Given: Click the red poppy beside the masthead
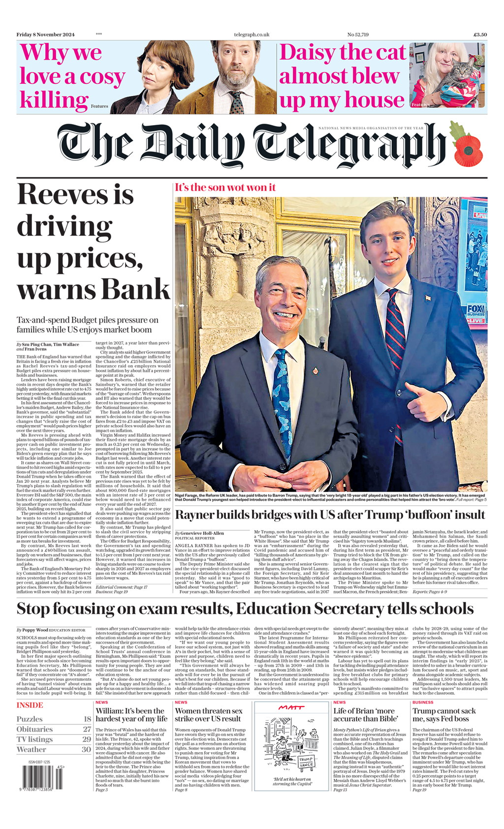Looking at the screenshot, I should pos(468,150).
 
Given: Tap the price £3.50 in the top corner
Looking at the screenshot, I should pos(480,34).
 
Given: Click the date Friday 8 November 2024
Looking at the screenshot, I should pos(46,34).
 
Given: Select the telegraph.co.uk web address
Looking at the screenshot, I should pos(252,34).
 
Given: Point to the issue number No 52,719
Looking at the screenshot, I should pos(358,34).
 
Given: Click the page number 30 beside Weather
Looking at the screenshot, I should pos(86,750).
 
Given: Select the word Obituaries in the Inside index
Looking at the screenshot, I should pos(34,730).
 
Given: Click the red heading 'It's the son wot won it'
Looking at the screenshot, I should pos(225,188).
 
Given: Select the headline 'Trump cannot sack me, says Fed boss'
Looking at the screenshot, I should pos(444,715).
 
